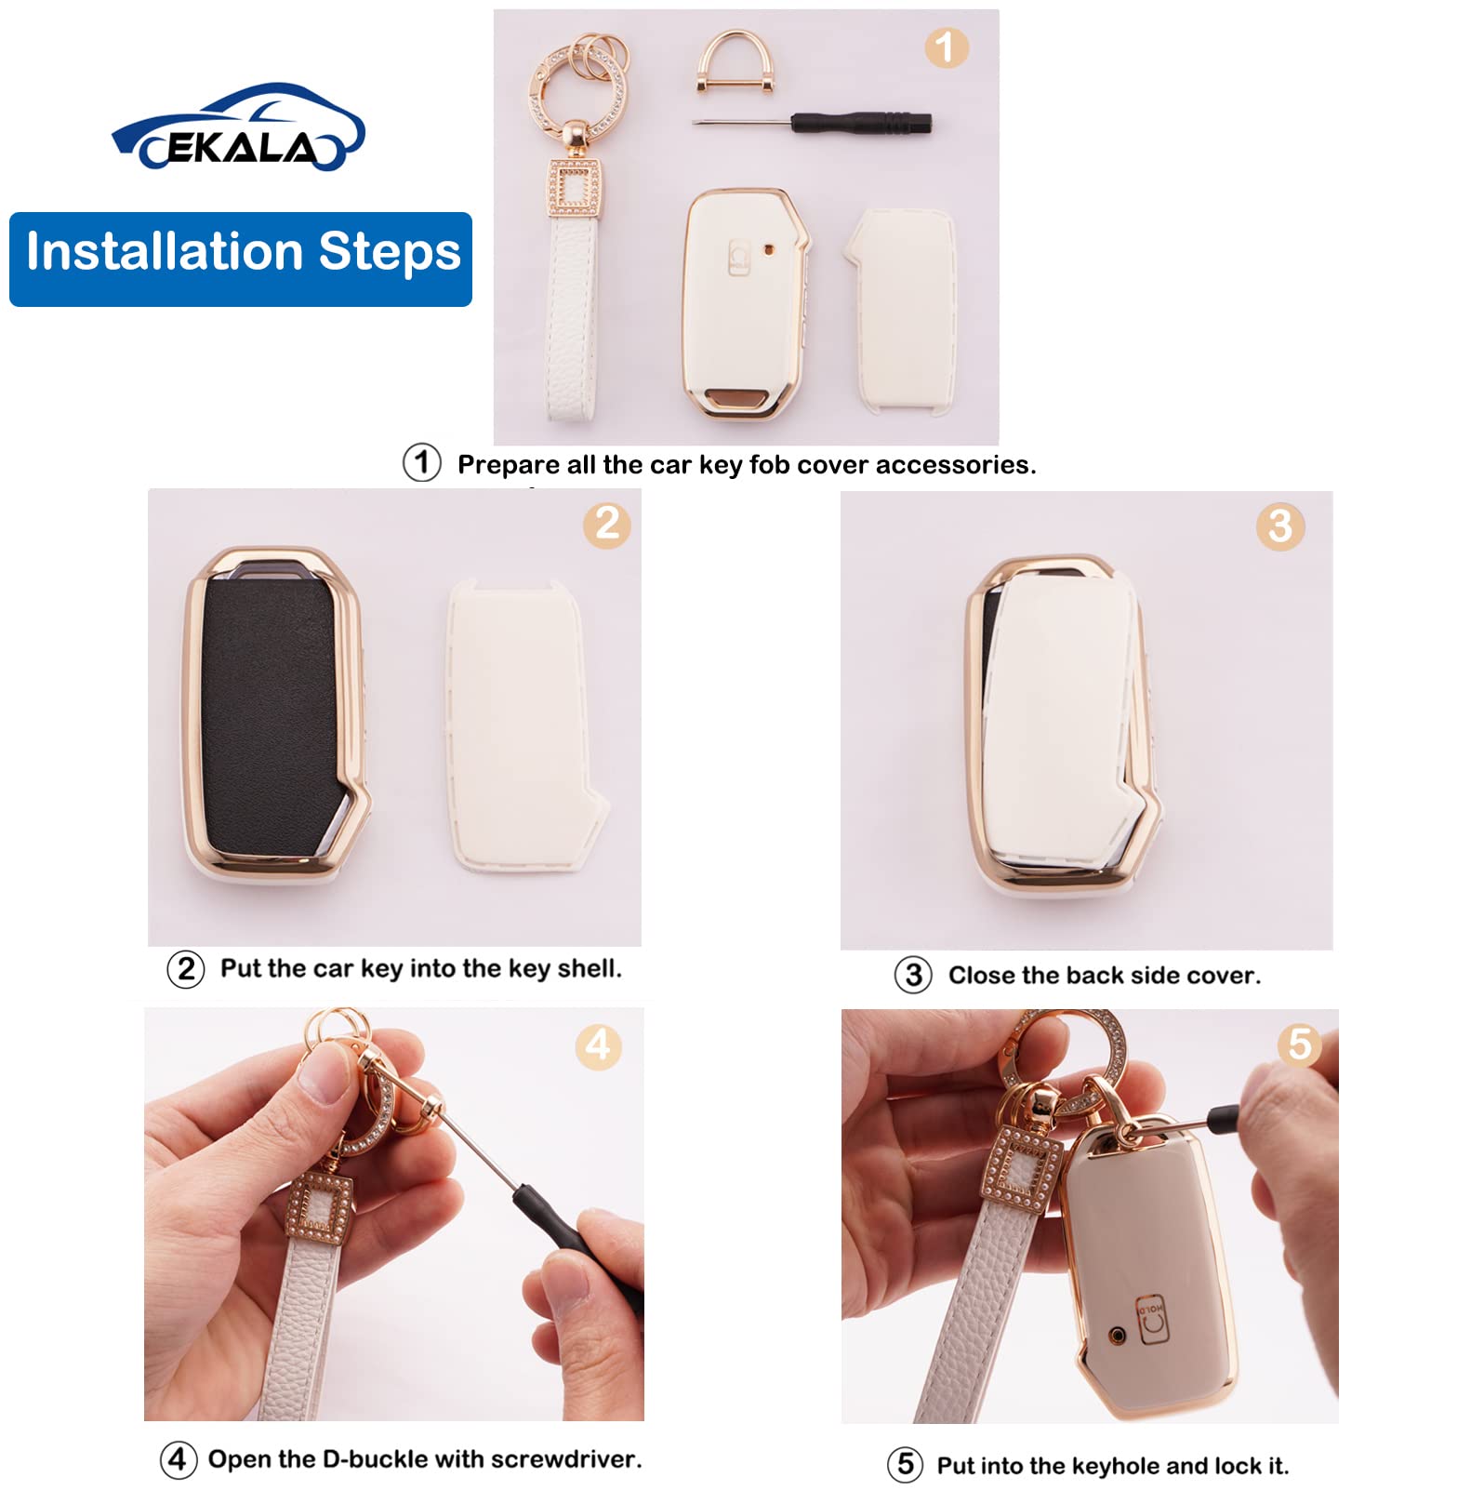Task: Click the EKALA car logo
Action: (x=238, y=130)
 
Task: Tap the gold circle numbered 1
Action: (x=946, y=47)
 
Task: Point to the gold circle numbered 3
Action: (x=1279, y=526)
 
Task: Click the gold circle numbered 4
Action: (x=598, y=1045)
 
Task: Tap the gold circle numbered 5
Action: (x=1299, y=1044)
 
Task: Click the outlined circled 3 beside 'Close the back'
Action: (x=913, y=975)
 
